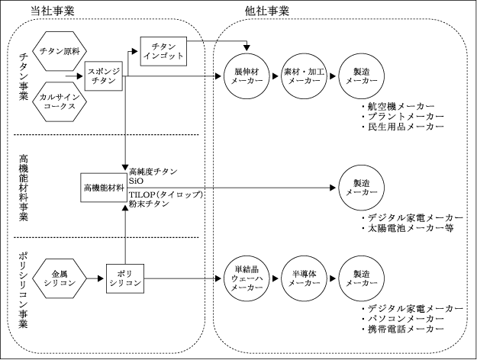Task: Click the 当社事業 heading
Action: coord(53,11)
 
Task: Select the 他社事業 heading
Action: coord(267,11)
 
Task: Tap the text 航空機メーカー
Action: coord(401,107)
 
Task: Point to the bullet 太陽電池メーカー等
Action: coord(408,228)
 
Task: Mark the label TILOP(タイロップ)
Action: coord(166,194)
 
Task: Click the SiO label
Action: coord(136,181)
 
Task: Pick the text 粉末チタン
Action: coord(149,204)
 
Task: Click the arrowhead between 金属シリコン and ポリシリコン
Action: coord(101,278)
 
